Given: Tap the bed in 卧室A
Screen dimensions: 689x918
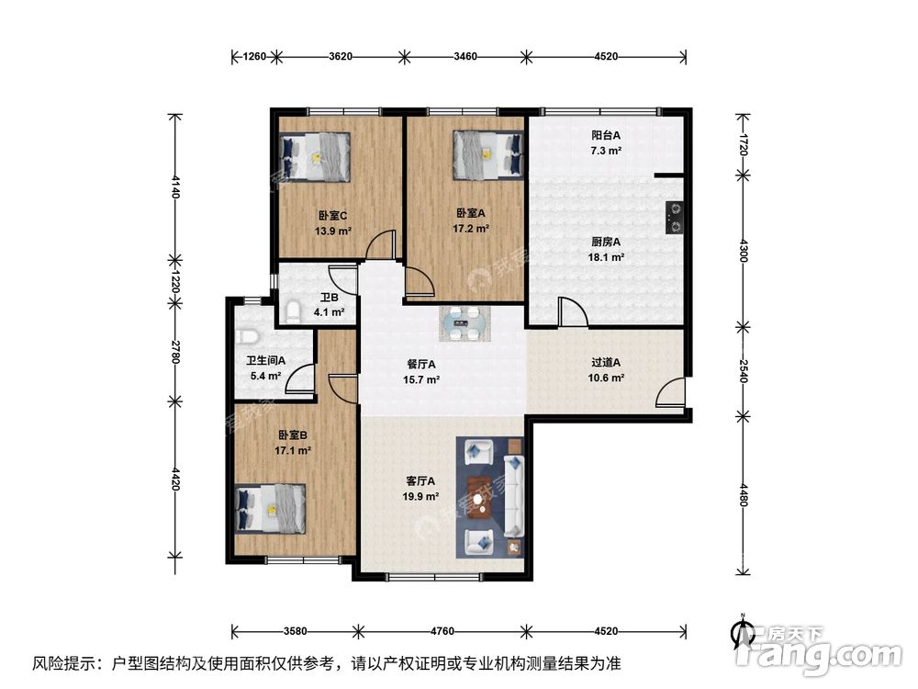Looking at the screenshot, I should click(x=487, y=153).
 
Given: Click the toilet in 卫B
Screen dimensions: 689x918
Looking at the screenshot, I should click(x=292, y=311).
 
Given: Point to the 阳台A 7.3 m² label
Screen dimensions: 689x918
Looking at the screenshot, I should click(x=606, y=142).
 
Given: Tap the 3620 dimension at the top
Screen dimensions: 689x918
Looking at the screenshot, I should click(x=340, y=57).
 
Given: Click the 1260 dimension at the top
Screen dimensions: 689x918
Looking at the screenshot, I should click(x=254, y=57).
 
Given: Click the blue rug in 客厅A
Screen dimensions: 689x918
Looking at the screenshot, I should click(x=490, y=497).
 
